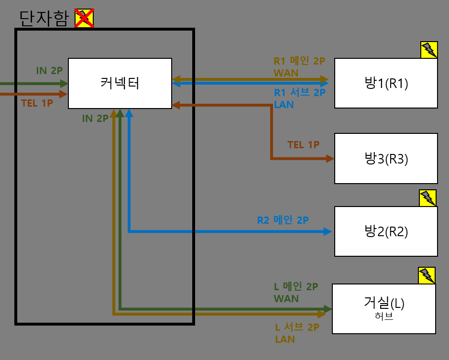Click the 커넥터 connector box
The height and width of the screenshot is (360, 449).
coord(120,83)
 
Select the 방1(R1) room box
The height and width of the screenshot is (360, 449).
coord(386,83)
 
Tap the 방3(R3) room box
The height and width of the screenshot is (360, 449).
coord(386,158)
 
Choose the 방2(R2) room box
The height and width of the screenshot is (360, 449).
coord(386,231)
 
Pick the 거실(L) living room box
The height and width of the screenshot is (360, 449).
coord(383,308)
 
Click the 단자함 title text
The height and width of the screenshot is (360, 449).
coord(44,18)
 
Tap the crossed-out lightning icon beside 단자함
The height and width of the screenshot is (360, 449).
coord(84,18)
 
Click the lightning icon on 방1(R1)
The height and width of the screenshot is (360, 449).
coord(429,50)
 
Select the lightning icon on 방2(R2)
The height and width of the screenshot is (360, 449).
coord(427,198)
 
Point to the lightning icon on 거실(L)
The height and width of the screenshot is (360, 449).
coord(427,275)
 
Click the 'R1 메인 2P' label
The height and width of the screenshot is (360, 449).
coord(299,61)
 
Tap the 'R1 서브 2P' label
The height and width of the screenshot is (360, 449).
coord(299,93)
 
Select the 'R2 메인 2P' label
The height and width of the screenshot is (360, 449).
coord(283,220)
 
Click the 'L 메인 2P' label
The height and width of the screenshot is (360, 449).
coord(296,287)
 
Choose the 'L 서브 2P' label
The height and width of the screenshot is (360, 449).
coord(297,327)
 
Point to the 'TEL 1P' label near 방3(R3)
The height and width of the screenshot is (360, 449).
coord(303,144)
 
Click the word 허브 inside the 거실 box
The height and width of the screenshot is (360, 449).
coord(384,316)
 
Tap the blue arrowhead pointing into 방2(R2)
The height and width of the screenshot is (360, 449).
coord(328,231)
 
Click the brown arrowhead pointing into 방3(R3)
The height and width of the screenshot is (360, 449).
coord(329,158)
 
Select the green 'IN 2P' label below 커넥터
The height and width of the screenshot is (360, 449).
coord(95,119)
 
